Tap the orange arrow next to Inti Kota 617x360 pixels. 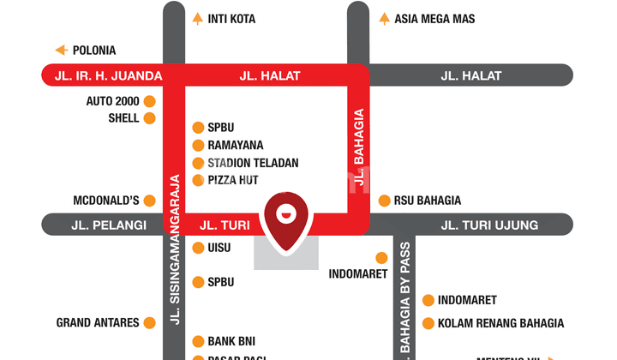197,18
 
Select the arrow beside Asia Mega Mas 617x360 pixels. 384,18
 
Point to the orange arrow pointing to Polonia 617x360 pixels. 62,50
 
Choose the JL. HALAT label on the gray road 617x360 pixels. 471,75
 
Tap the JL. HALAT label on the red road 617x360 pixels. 270,75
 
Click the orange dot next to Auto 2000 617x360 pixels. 149,101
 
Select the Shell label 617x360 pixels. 123,118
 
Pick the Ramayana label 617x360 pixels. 235,145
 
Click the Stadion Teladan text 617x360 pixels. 253,163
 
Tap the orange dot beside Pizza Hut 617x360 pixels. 198,180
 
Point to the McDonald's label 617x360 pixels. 106,201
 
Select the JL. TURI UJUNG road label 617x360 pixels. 489,225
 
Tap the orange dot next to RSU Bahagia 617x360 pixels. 384,201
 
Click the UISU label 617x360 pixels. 219,248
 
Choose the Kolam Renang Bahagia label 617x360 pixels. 500,323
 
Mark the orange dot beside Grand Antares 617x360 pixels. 149,323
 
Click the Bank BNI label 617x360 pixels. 231,340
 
